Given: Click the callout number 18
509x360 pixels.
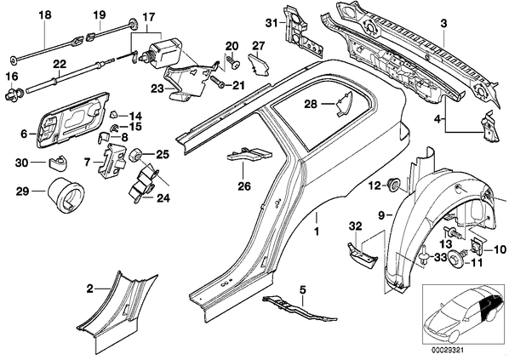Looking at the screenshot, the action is tap(45, 15).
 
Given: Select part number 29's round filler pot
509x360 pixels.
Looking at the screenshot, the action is tap(66, 194).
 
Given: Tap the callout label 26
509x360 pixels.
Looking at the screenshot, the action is tap(244, 186).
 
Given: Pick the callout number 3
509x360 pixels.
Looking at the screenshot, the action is tap(443, 23).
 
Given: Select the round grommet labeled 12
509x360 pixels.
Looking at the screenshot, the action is tap(393, 186).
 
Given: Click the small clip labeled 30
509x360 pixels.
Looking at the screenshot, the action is tap(59, 162).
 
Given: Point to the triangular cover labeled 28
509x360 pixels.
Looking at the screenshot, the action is tap(343, 103).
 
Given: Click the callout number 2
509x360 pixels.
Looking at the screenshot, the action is tap(89, 288).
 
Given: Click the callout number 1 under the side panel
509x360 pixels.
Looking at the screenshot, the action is tap(316, 231).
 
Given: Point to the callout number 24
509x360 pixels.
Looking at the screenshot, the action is tap(163, 197).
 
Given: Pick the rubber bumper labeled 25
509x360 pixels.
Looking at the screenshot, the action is tap(135, 154).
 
